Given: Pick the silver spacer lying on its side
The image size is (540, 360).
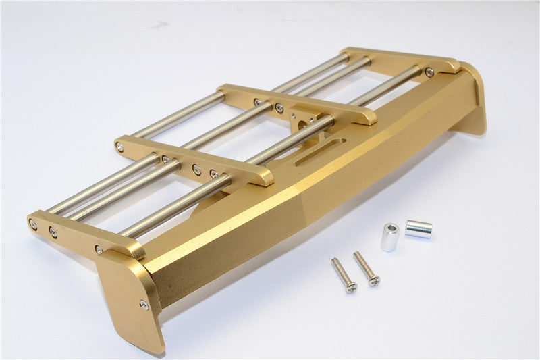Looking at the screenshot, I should coord(419,229).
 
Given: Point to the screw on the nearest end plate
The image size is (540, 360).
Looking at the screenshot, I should coord(144,305).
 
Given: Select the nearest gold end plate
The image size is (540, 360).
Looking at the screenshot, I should coord(132,297).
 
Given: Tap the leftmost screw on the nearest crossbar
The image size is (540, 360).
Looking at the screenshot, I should coord(32,223).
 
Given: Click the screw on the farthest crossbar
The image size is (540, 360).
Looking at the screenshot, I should coord(429,72).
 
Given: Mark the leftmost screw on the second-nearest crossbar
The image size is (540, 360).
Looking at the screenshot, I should coord(119,147).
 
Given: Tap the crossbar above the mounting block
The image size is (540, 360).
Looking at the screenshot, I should coord(297,104).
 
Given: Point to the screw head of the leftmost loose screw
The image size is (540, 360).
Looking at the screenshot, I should coord(351,288).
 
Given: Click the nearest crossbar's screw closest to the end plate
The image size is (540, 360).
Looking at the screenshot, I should coord(99,249).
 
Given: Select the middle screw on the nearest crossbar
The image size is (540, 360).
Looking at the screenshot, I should coord(53,232).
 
